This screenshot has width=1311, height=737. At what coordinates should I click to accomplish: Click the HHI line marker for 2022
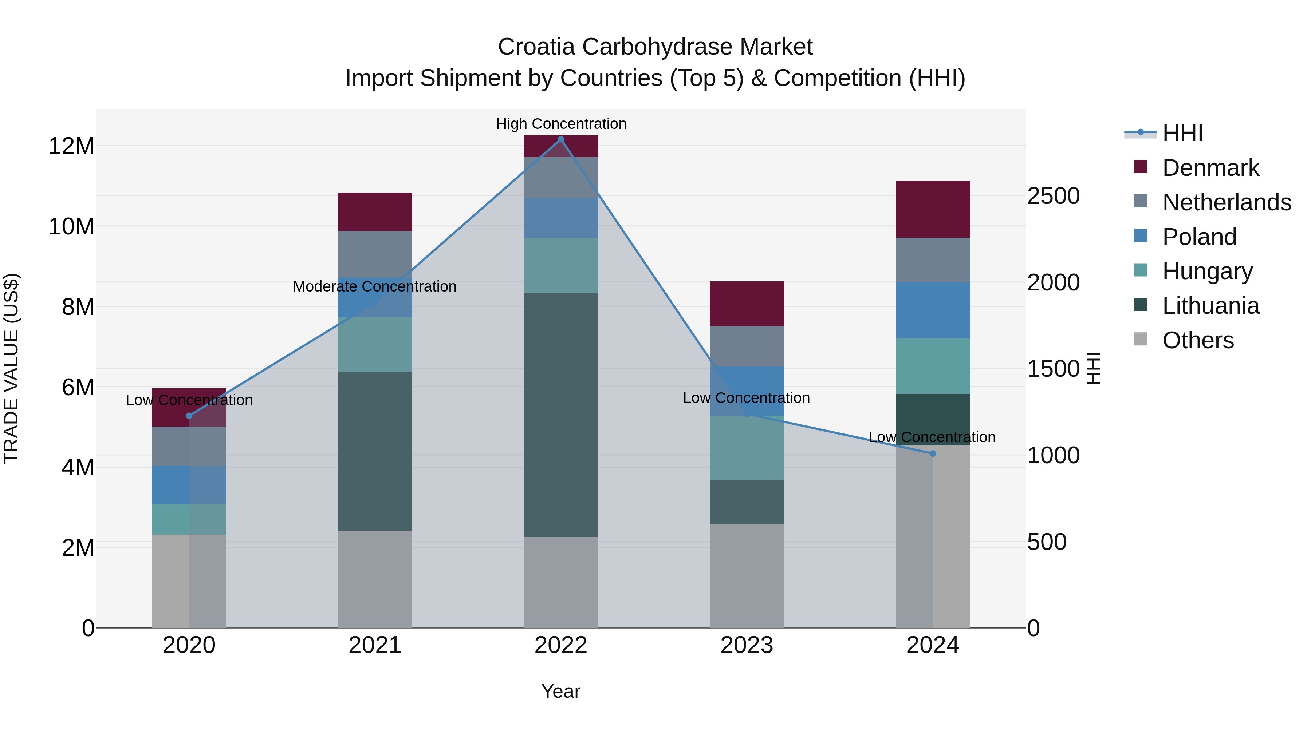[561, 139]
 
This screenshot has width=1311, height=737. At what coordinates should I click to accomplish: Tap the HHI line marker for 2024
[932, 453]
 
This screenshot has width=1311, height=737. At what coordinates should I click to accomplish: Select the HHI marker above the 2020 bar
[189, 416]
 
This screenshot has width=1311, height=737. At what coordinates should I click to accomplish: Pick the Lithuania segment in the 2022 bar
[561, 415]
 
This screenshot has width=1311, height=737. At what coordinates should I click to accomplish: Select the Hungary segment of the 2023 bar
[747, 448]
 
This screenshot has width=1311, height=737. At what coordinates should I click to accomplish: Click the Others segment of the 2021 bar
[375, 579]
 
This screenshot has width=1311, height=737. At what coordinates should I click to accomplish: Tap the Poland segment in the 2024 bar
[932, 310]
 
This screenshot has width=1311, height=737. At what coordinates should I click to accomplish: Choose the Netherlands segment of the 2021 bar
[375, 254]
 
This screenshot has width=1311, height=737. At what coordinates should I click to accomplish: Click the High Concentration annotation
[561, 124]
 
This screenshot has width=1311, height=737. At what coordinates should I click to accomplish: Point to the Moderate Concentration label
[375, 286]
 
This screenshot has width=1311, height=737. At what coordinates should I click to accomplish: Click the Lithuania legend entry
[1210, 306]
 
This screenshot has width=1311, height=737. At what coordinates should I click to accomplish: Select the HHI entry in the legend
[1182, 133]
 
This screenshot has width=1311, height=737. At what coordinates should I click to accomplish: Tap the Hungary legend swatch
[1141, 270]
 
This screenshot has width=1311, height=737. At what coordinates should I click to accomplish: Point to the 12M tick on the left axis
[71, 146]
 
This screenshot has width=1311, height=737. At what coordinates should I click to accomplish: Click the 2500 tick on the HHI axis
[1053, 196]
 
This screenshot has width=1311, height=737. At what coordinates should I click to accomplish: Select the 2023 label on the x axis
[747, 645]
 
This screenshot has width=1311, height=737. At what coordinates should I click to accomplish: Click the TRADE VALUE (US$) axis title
[11, 368]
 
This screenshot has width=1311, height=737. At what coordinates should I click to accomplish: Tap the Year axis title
[561, 691]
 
